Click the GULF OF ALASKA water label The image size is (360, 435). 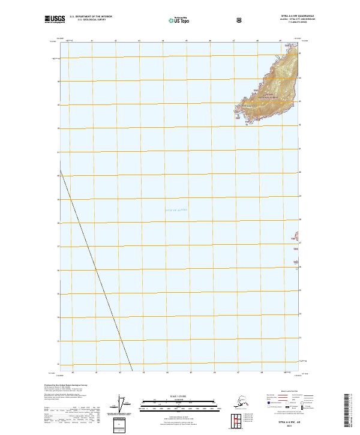click(x=176, y=209)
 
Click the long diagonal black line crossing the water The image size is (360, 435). click(x=96, y=264)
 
